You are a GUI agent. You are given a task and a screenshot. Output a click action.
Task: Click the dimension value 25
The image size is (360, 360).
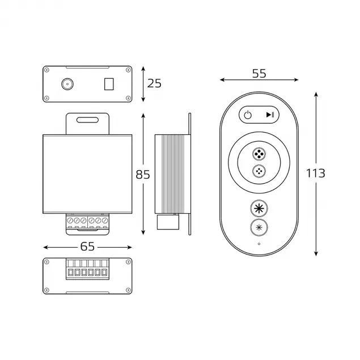[x=154, y=83]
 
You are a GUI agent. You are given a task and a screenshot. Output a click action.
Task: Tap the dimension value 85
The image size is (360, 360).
[x=143, y=175]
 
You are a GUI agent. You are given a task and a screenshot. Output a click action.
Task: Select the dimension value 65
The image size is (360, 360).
[x=88, y=247]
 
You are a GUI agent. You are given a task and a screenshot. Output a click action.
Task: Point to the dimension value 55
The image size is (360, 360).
[x=259, y=74]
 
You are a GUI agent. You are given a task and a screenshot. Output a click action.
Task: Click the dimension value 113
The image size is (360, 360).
[x=315, y=173]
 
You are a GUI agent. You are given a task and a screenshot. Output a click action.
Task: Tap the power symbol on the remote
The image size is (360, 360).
[x=248, y=115]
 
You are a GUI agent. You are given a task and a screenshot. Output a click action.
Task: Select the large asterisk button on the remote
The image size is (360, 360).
[x=259, y=208]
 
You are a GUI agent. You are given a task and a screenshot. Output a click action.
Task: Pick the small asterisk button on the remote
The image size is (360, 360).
[x=259, y=228]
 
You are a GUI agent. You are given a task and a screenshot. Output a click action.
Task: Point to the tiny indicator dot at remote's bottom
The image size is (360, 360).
[x=259, y=244]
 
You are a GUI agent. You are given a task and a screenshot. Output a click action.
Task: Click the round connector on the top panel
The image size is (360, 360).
[x=67, y=84]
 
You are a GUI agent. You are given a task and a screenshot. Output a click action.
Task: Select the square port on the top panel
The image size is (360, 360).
[x=108, y=84]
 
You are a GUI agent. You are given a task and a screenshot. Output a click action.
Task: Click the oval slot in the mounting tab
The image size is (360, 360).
[x=88, y=120]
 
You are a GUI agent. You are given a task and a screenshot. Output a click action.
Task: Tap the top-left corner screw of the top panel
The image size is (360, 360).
[x=47, y=70]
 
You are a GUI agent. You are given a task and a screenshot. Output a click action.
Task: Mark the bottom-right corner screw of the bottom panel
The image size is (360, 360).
[x=129, y=290]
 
